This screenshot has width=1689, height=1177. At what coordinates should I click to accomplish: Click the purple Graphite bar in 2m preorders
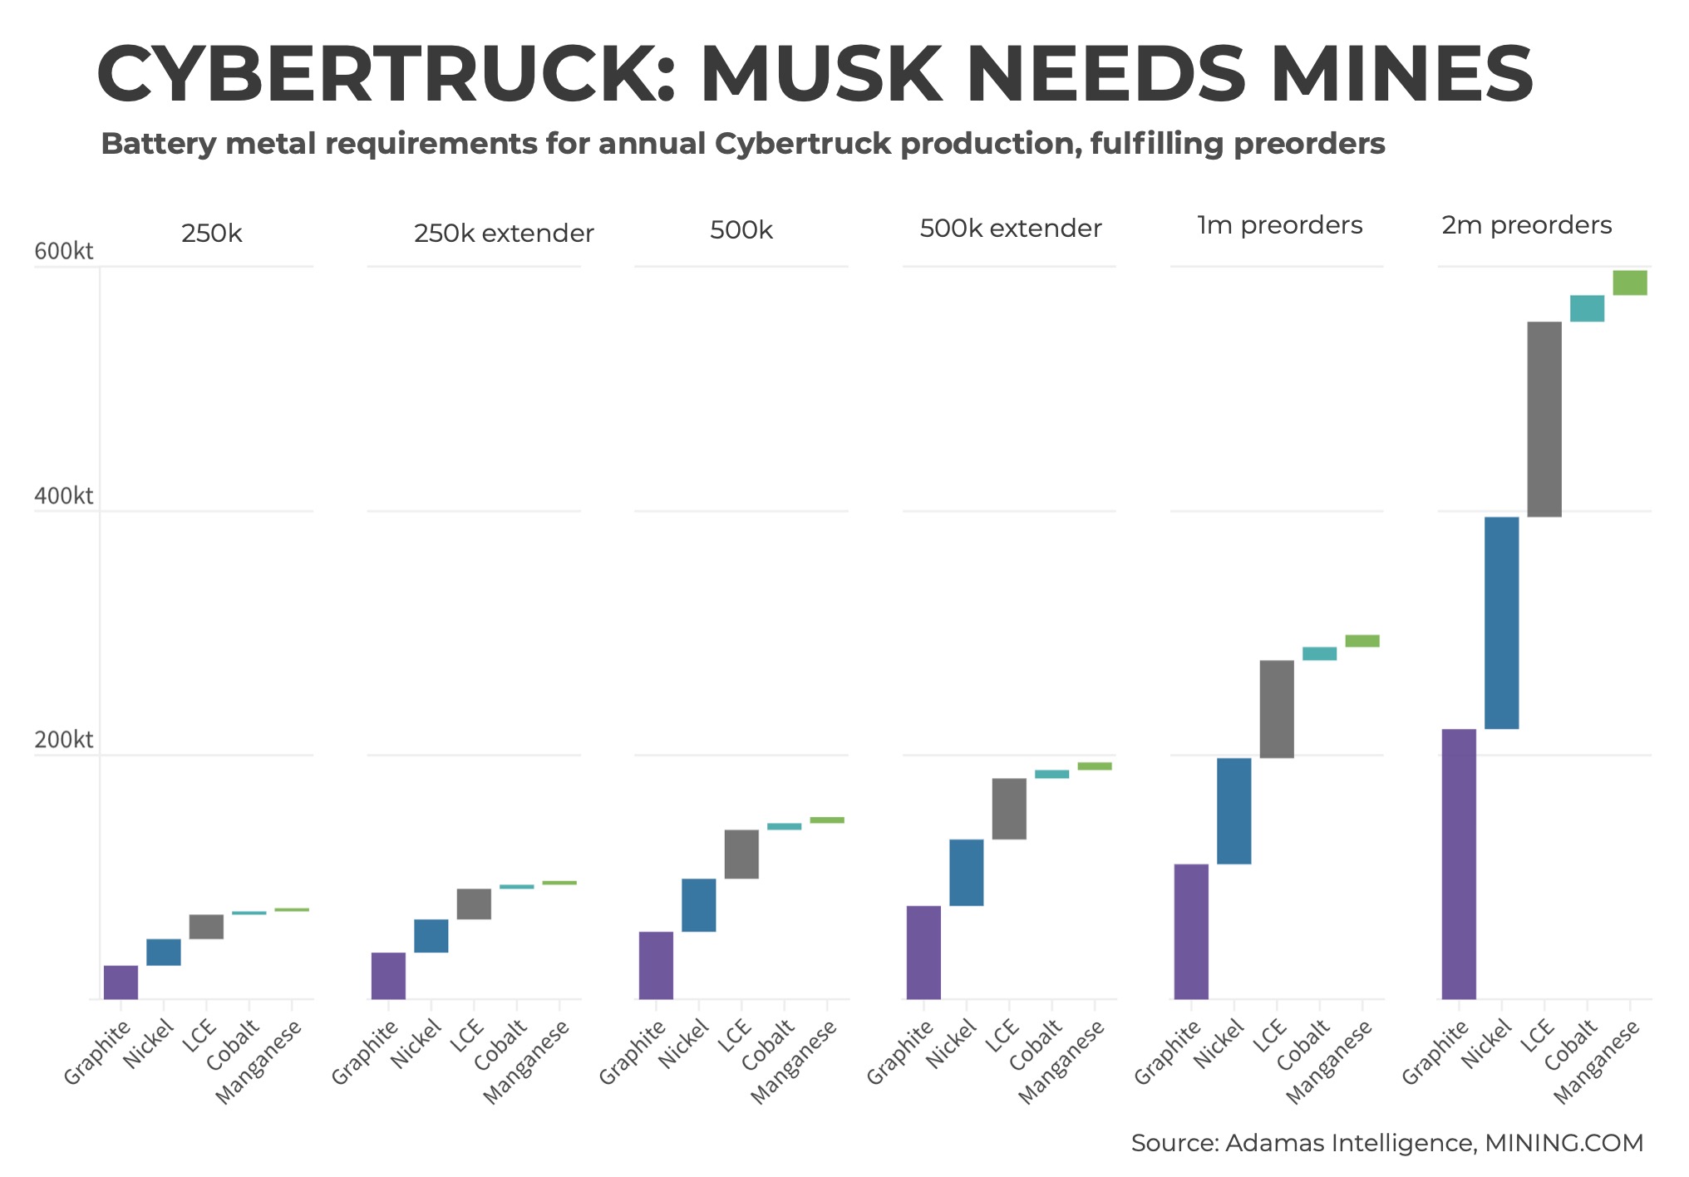point(1459,864)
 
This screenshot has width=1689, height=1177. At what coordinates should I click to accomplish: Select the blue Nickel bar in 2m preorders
point(1501,623)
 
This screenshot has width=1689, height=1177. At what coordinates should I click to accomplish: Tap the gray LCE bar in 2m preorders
point(1544,419)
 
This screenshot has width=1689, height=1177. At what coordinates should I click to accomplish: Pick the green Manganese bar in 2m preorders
point(1630,283)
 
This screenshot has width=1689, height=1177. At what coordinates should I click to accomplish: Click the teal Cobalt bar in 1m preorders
point(1319,653)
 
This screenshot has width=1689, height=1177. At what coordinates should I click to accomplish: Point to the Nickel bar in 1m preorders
point(1234,810)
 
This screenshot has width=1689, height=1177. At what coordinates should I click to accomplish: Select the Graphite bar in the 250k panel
point(121,982)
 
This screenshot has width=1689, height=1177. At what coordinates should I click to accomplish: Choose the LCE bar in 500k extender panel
point(1009,808)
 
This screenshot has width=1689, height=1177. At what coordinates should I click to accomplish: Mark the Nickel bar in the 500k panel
point(698,904)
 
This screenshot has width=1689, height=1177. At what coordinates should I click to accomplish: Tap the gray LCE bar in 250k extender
point(474,904)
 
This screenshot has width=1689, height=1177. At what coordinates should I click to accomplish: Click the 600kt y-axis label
point(64,251)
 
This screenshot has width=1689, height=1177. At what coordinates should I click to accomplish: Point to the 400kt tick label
point(64,496)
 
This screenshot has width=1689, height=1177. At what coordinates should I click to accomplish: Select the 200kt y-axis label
point(64,740)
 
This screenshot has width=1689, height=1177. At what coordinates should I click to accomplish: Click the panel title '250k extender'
point(504,234)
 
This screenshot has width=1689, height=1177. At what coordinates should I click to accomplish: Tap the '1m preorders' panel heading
point(1279,225)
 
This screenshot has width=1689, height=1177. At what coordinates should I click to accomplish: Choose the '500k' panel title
point(741,230)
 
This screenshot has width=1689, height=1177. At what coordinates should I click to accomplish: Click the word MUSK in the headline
point(820,75)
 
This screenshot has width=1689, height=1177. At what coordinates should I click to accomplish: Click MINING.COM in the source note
point(1563,1143)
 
